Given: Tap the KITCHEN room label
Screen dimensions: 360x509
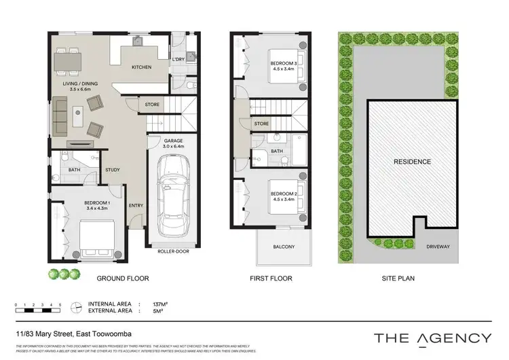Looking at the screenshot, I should pos(141,68).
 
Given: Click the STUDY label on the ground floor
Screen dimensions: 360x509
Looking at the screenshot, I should pos(113,170).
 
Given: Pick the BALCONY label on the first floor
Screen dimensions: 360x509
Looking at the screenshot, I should pos(284,247).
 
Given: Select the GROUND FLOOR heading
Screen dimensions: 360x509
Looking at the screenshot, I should pos(122,278).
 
